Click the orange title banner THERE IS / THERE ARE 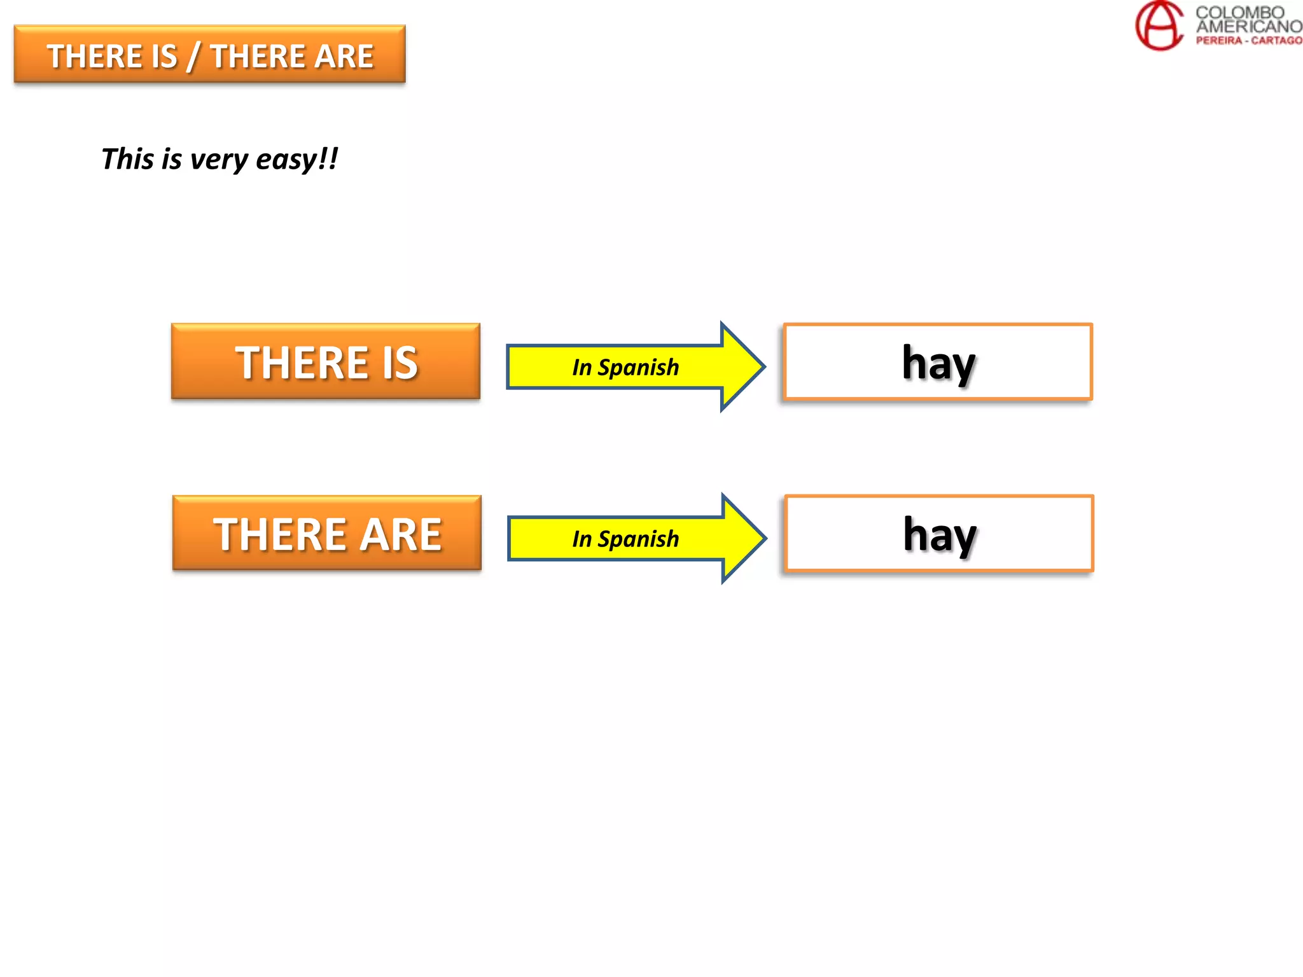pos(209,55)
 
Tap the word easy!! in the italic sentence pos(296,159)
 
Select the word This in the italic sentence pos(128,158)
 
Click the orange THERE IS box pos(325,362)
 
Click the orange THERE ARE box pos(326,534)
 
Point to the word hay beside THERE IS pos(938,363)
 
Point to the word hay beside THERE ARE pos(940,535)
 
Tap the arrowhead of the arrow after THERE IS pos(742,366)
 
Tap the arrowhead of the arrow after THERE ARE pos(743,538)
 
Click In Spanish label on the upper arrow pos(625,368)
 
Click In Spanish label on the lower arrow pos(625,539)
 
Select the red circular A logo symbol pos(1159,25)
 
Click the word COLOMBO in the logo pos(1239,12)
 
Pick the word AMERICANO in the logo pos(1248,27)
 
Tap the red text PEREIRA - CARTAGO pos(1248,41)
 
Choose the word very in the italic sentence pos(218,159)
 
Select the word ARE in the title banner pos(344,57)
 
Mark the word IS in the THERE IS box pos(400,363)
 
